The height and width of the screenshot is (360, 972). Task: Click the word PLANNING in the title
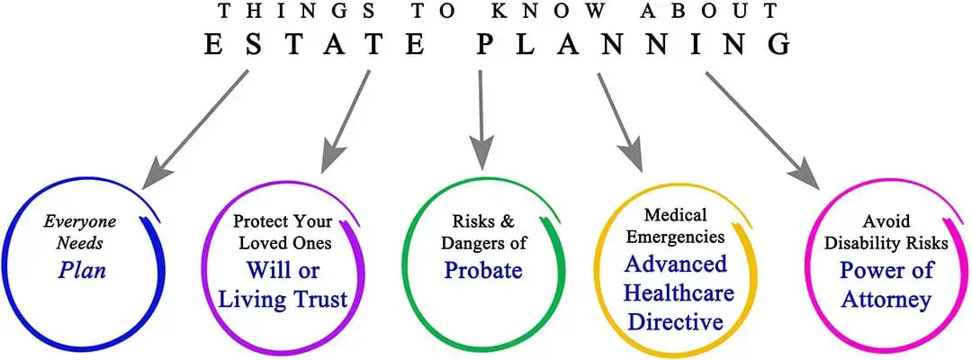634,45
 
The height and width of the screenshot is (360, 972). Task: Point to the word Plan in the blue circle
83,270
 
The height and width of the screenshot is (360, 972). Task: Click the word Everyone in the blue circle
79,222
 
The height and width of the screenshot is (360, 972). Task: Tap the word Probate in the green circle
483,269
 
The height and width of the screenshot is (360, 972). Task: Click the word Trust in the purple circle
318,300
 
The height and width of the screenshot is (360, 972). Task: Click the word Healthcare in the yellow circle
679,292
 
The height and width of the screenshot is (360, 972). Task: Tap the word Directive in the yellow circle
676,321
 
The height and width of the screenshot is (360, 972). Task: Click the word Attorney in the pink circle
886,300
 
